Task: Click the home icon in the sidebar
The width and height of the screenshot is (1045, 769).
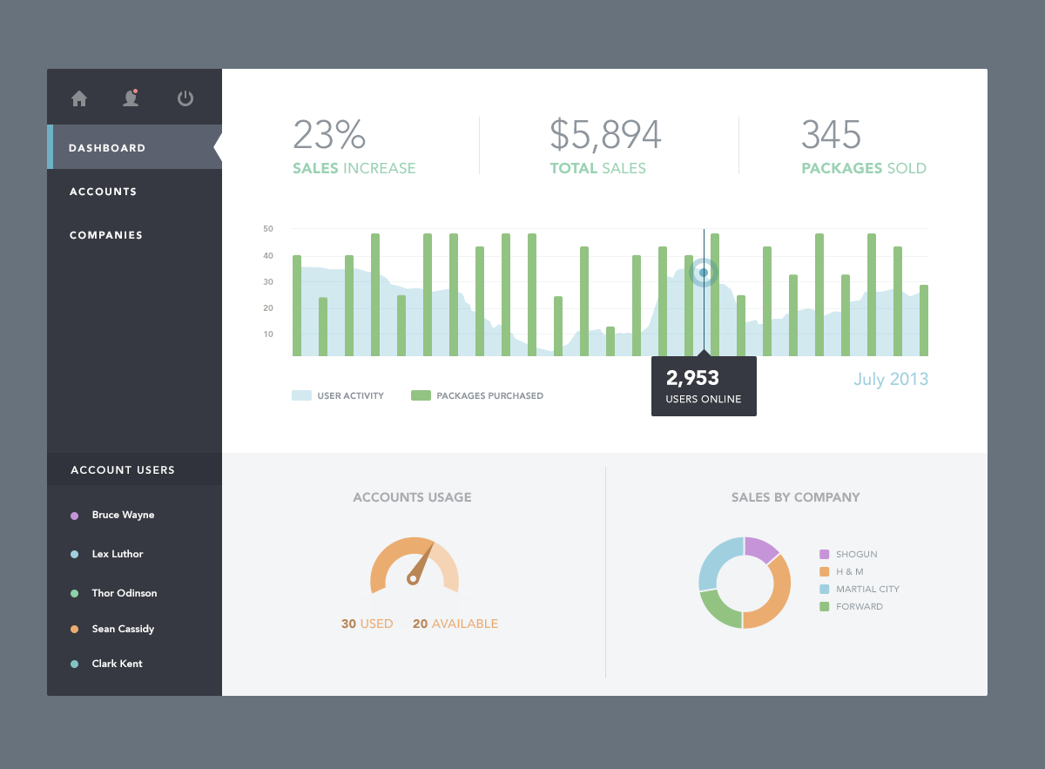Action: [x=79, y=98]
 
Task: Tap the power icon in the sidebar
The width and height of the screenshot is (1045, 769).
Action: [x=185, y=98]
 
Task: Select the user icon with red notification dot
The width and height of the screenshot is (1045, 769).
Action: [x=131, y=98]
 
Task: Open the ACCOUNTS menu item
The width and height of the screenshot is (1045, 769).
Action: [x=103, y=192]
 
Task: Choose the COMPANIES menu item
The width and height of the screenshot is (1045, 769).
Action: [x=106, y=235]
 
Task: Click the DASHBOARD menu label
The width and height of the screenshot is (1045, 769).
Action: [x=107, y=148]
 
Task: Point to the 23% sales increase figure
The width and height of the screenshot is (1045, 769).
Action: [x=329, y=135]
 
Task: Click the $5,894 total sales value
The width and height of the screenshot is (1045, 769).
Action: [x=605, y=135]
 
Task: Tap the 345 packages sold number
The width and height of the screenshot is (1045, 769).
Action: [x=831, y=135]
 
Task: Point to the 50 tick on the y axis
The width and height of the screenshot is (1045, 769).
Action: [x=268, y=229]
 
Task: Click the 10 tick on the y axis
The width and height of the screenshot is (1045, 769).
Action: [x=268, y=334]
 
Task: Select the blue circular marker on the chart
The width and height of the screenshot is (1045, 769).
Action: [x=704, y=273]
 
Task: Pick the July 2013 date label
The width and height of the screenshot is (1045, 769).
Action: [x=891, y=379]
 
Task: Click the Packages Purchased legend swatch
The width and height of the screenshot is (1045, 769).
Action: [x=421, y=395]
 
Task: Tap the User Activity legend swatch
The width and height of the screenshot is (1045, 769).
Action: [x=301, y=395]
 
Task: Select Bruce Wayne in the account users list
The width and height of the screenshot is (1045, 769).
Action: [x=123, y=515]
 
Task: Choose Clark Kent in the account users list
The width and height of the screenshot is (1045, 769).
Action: [x=117, y=664]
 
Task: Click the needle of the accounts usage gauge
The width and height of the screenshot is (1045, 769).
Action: [x=421, y=563]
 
